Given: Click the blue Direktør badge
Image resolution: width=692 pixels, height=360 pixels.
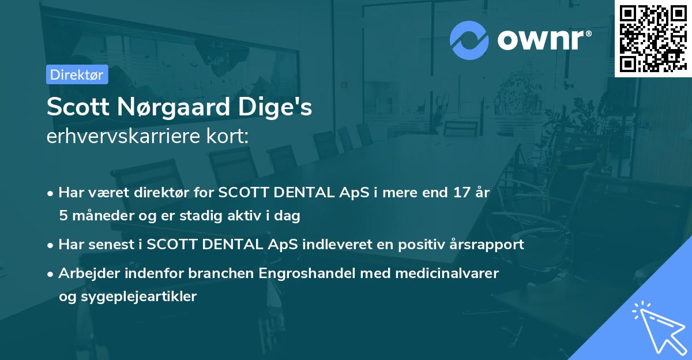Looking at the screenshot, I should click(x=77, y=74).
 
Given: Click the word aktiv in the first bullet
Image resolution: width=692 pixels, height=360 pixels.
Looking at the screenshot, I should click(x=248, y=216).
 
